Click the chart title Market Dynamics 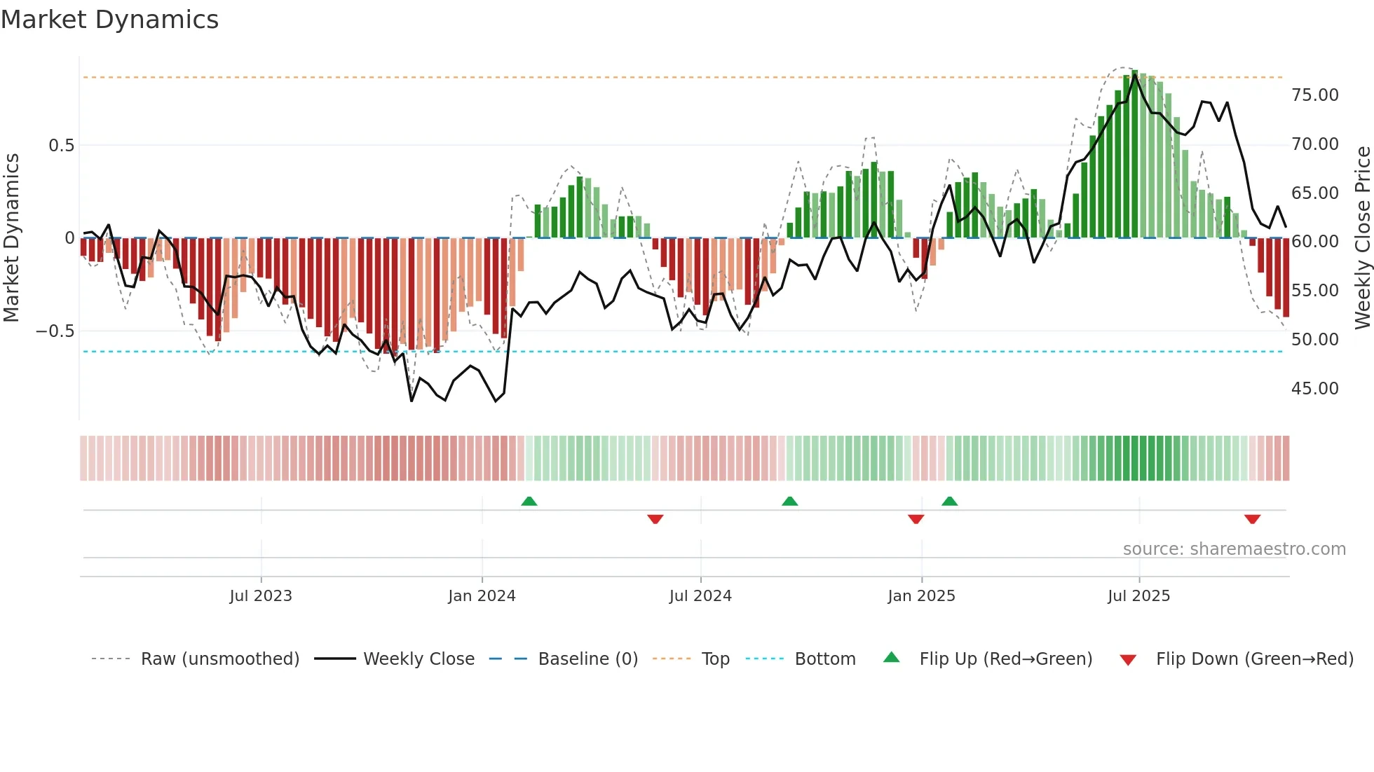(x=110, y=20)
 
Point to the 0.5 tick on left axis (x=61, y=145)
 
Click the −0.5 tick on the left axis (x=55, y=331)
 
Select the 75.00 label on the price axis (x=1314, y=95)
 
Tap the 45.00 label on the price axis (x=1314, y=388)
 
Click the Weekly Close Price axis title (x=1362, y=237)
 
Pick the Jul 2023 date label (x=261, y=595)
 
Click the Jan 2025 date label (x=921, y=595)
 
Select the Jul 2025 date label (x=1138, y=595)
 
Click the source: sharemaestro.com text (x=1234, y=549)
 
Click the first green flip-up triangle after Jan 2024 (x=529, y=502)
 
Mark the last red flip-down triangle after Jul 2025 (x=1253, y=519)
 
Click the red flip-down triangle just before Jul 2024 (x=655, y=519)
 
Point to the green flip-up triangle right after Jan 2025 (x=950, y=502)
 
